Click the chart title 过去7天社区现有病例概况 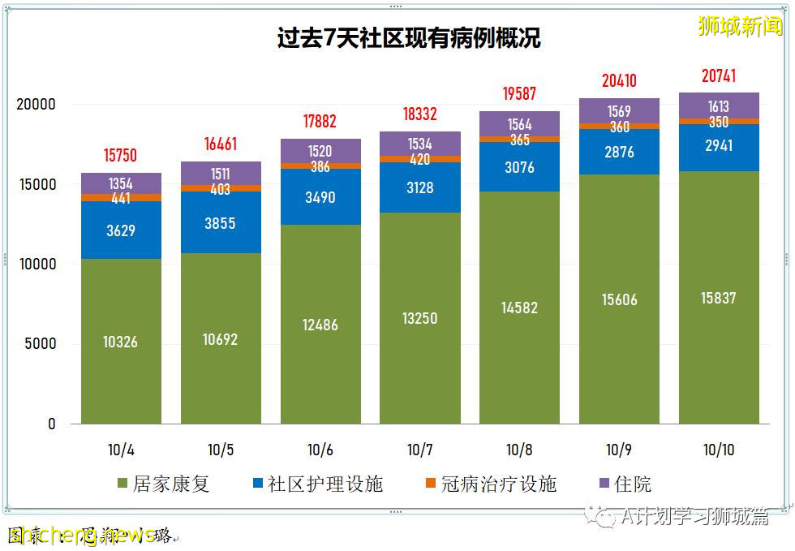tap(408, 38)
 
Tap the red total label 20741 tap(719, 75)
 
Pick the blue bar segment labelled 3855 tap(221, 223)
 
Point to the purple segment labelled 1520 tap(320, 150)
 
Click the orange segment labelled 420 tap(420, 160)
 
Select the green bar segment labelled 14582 tap(519, 308)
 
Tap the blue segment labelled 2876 tap(619, 152)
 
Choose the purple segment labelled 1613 tap(719, 105)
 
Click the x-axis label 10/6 tap(320, 450)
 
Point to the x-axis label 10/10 tap(719, 450)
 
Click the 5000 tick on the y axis tap(40, 344)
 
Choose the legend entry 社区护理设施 tap(316, 484)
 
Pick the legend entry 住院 tap(625, 484)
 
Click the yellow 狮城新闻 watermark tap(740, 26)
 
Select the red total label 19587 tap(519, 93)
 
